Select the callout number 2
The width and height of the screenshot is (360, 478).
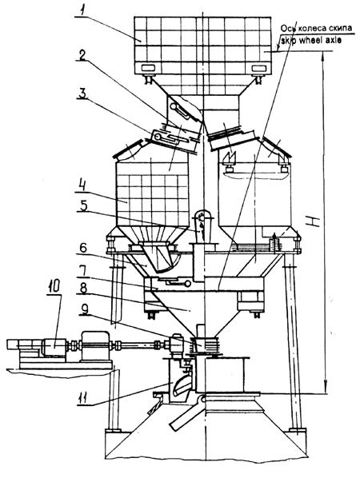[82, 54]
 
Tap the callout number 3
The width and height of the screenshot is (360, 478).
[82, 94]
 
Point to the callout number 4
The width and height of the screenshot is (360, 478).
[82, 186]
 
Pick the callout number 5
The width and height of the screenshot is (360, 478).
[83, 205]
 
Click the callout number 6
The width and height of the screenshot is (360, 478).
[82, 248]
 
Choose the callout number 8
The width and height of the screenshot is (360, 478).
[82, 289]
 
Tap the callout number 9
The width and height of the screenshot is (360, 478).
[84, 309]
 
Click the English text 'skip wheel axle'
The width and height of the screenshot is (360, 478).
[310, 40]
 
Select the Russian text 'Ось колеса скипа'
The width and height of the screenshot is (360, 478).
[316, 28]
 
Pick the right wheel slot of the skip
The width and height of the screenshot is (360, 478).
[258, 67]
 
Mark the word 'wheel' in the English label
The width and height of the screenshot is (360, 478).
[310, 40]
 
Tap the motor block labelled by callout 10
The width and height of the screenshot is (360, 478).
[54, 347]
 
